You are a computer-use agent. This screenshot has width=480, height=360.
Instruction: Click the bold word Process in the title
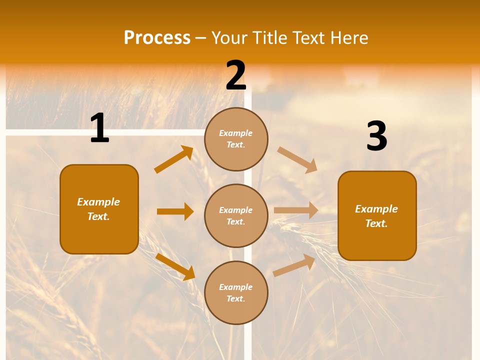pyautogui.click(x=157, y=37)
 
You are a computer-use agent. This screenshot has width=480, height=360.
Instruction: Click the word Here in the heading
pyautogui.click(x=348, y=37)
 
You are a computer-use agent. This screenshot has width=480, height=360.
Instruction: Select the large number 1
pyautogui.click(x=99, y=128)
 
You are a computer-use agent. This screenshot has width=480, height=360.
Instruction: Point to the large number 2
pyautogui.click(x=236, y=76)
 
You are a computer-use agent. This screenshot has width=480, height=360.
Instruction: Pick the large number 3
pyautogui.click(x=376, y=136)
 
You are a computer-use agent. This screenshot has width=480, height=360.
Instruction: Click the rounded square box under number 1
pyautogui.click(x=99, y=209)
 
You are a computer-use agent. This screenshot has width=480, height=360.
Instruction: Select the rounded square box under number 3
pyautogui.click(x=377, y=215)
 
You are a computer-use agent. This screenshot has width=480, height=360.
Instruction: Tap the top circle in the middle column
pyautogui.click(x=236, y=139)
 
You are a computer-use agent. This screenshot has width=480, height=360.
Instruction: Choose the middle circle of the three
pyautogui.click(x=236, y=215)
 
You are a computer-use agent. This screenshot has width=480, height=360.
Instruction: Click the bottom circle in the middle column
pyautogui.click(x=236, y=292)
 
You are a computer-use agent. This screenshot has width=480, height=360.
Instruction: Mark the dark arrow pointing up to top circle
pyautogui.click(x=173, y=159)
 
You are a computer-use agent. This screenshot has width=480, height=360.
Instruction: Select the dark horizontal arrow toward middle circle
pyautogui.click(x=175, y=211)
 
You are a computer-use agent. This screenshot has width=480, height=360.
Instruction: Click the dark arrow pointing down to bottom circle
pyautogui.click(x=175, y=266)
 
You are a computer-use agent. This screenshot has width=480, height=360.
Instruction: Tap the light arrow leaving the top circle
pyautogui.click(x=297, y=159)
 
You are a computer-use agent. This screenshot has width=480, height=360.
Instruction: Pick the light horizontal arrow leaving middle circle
pyautogui.click(x=296, y=210)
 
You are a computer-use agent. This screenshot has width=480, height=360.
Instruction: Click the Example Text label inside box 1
pyautogui.click(x=98, y=209)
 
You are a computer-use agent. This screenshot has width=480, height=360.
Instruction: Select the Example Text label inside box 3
pyautogui.click(x=376, y=216)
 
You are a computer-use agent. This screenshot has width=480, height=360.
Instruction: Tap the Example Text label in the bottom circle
pyautogui.click(x=236, y=292)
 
